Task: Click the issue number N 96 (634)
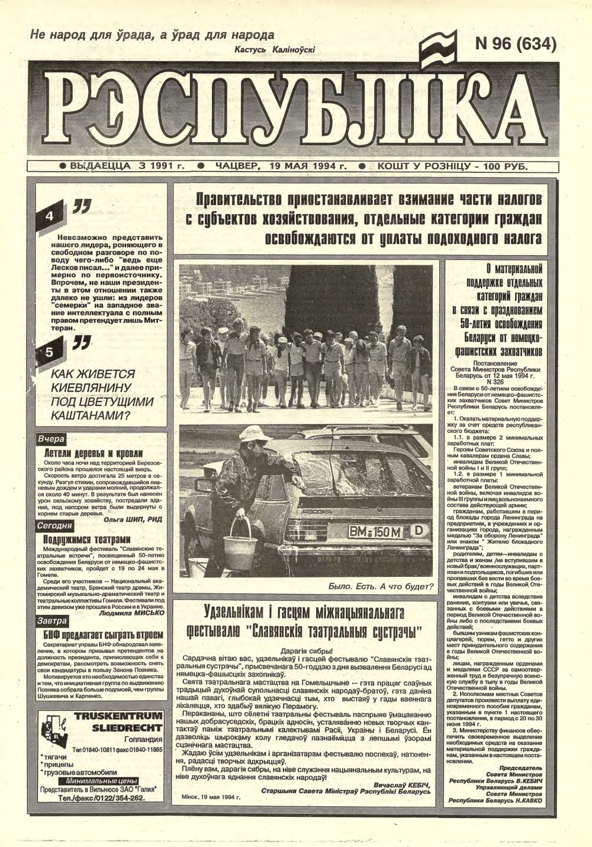(x=516, y=44)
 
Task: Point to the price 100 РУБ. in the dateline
(x=505, y=166)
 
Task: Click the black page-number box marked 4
(x=50, y=216)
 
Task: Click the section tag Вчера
(x=50, y=440)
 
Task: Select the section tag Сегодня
(x=54, y=526)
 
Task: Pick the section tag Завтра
(x=52, y=621)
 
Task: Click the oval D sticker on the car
(x=418, y=531)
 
